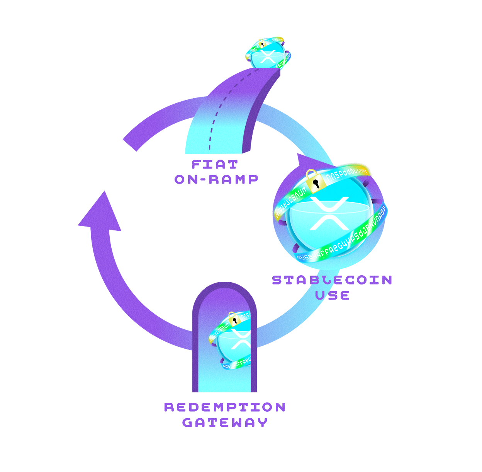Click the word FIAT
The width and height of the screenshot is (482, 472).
[x=215, y=165]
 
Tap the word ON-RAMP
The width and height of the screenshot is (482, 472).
[x=216, y=179]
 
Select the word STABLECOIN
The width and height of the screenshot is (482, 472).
[x=332, y=280]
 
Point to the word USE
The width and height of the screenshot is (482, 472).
[x=332, y=295]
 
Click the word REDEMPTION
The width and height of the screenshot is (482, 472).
[x=225, y=407]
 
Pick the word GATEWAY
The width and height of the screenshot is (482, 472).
[x=225, y=422]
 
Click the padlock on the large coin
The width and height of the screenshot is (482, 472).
[x=315, y=181]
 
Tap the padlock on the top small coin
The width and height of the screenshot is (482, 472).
[x=261, y=43]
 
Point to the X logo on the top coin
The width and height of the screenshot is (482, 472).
[x=267, y=56]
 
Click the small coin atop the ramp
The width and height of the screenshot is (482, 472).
[x=268, y=54]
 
